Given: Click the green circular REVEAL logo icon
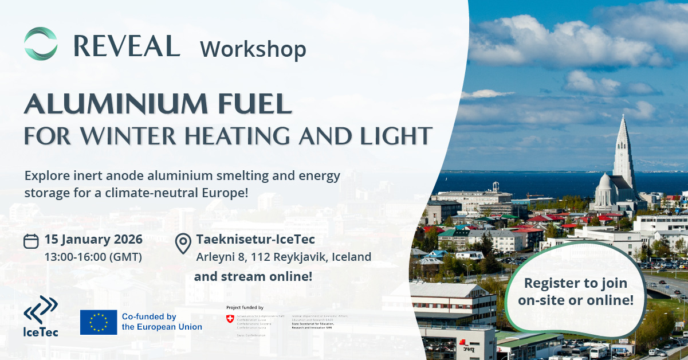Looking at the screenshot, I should pyautogui.click(x=41, y=44).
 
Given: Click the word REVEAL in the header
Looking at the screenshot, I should pyautogui.click(x=127, y=46).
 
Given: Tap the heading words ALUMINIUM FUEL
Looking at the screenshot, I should pyautogui.click(x=158, y=104).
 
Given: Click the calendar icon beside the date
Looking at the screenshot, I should pyautogui.click(x=31, y=241).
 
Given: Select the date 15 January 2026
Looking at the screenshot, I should pyautogui.click(x=93, y=239).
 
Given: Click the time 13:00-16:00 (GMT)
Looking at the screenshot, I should pyautogui.click(x=93, y=257).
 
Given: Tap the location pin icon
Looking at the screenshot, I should pyautogui.click(x=183, y=243).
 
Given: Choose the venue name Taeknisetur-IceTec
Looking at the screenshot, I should pyautogui.click(x=255, y=240).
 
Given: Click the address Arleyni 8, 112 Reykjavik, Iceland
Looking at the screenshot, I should pyautogui.click(x=284, y=257).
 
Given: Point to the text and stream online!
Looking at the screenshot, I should pyautogui.click(x=253, y=276).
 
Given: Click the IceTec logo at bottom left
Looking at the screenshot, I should pyautogui.click(x=41, y=315).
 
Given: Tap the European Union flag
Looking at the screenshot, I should pyautogui.click(x=99, y=322).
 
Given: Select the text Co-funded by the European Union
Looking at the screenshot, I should pyautogui.click(x=162, y=322).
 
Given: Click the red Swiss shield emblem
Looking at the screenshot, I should pyautogui.click(x=230, y=319).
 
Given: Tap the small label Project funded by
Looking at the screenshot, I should pyautogui.click(x=245, y=307).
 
